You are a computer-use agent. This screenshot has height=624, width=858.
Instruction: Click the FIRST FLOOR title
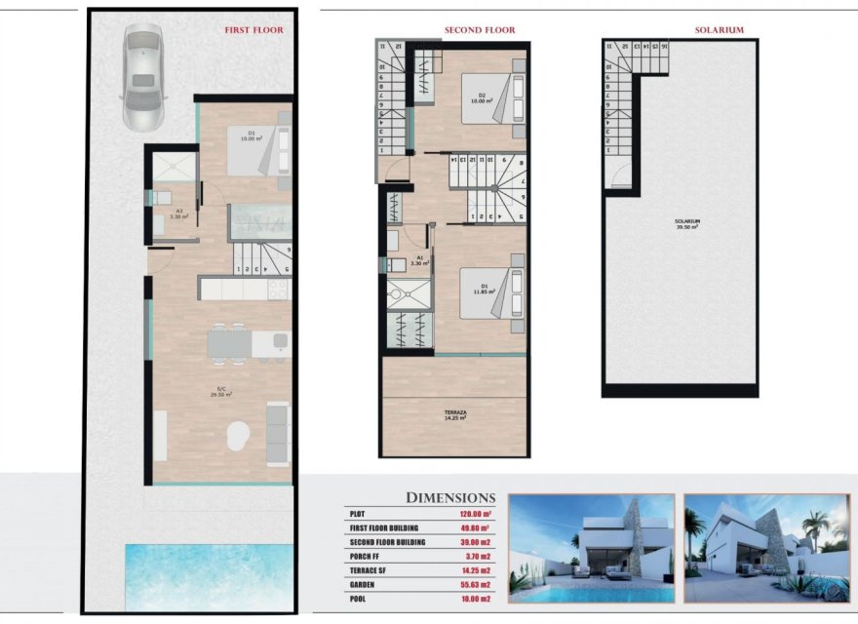(x=253, y=30)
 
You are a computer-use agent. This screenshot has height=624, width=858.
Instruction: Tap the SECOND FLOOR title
(x=480, y=30)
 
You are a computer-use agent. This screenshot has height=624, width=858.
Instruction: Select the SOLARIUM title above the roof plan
(x=720, y=30)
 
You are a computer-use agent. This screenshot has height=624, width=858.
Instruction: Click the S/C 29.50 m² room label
(x=224, y=394)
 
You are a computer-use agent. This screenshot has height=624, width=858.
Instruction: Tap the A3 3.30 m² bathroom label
(x=178, y=214)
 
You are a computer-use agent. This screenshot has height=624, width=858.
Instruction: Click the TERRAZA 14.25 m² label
(x=454, y=415)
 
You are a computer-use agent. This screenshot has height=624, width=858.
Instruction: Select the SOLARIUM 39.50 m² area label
(x=687, y=223)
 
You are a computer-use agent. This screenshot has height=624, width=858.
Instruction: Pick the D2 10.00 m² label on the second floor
(x=480, y=97)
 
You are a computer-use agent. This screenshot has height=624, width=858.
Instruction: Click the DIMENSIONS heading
(x=450, y=497)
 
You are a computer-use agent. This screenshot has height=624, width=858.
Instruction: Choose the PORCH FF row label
(x=369, y=556)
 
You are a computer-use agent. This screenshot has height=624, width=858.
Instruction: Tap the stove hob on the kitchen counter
(x=277, y=289)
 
